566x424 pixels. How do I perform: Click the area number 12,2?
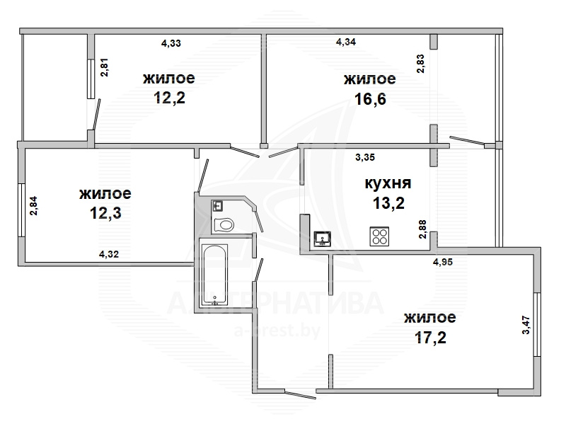point(169,98)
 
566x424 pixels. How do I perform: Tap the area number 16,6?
point(370,98)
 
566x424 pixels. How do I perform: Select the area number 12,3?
point(105,213)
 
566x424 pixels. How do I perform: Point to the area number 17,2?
point(430,338)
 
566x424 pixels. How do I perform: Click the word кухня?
point(388,183)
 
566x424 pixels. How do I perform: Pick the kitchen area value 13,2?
point(388,203)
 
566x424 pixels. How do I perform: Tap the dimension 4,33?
point(171,43)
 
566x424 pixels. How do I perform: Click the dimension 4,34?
point(346,42)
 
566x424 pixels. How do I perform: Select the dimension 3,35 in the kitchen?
point(365,157)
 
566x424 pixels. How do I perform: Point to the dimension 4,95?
point(443,262)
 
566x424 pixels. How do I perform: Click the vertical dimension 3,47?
point(526,325)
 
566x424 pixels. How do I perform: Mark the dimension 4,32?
point(109,254)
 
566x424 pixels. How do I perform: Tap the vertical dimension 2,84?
point(33,206)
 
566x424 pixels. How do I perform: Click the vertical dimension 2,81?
point(104,67)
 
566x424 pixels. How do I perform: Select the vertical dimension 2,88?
point(422,229)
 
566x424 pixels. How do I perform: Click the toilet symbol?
point(224,225)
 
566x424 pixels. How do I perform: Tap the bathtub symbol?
point(214,275)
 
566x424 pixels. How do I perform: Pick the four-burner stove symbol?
point(379,236)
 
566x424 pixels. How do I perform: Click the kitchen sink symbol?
point(323,239)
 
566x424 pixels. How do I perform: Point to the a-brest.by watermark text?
point(277,330)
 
